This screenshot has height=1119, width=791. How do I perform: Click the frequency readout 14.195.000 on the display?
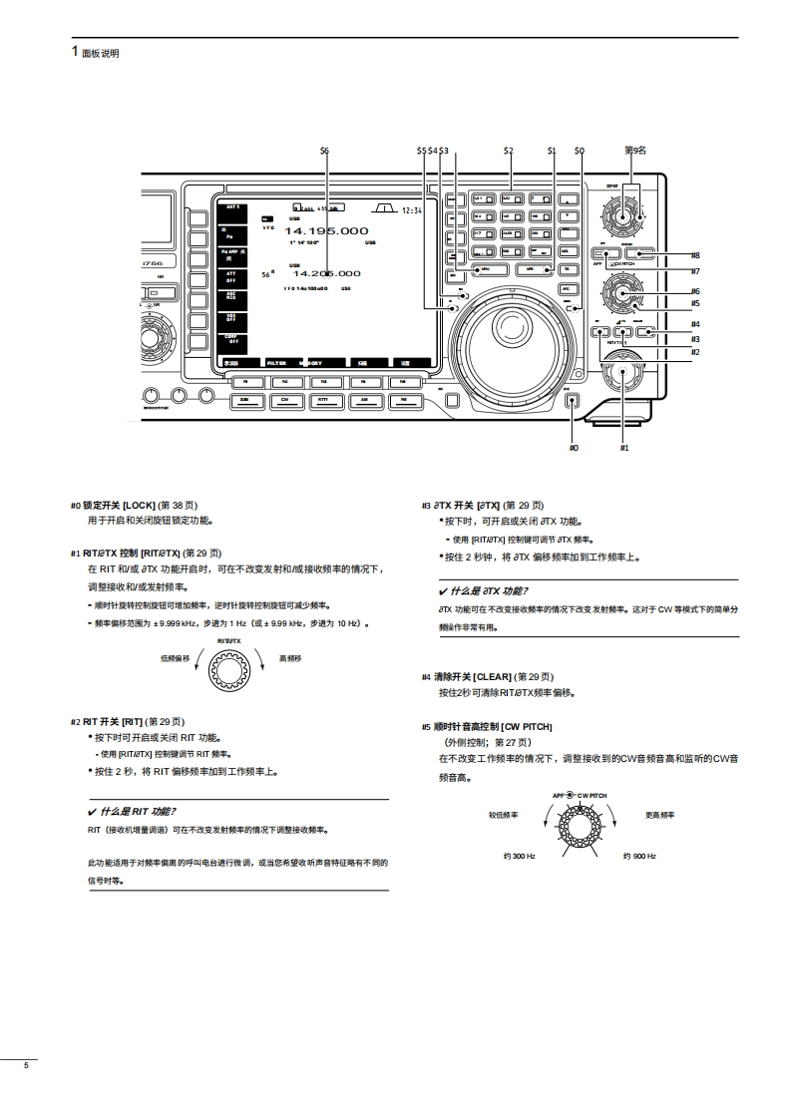(x=326, y=231)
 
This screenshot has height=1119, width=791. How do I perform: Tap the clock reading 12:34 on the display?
(x=412, y=210)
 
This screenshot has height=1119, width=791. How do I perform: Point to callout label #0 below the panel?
(x=574, y=448)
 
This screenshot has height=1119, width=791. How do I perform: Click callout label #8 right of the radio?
(x=695, y=255)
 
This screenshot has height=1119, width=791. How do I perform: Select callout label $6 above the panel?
(x=324, y=151)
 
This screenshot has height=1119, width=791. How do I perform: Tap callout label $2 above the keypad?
(x=508, y=151)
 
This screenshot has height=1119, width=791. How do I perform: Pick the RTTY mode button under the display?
(x=322, y=399)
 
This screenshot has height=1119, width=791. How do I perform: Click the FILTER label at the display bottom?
(x=276, y=364)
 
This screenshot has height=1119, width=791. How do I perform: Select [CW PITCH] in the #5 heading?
(x=527, y=727)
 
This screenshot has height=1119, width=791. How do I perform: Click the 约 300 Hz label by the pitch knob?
(x=519, y=857)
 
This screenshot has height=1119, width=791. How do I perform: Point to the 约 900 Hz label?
(x=639, y=857)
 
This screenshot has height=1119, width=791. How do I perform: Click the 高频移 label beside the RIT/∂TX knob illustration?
(x=290, y=658)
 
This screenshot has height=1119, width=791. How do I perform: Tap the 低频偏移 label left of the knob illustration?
(x=175, y=658)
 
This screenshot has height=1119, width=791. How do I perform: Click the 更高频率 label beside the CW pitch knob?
(x=659, y=815)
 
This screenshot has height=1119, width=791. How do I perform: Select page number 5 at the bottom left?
(x=27, y=1067)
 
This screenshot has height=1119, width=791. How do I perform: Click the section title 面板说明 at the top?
(x=100, y=54)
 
